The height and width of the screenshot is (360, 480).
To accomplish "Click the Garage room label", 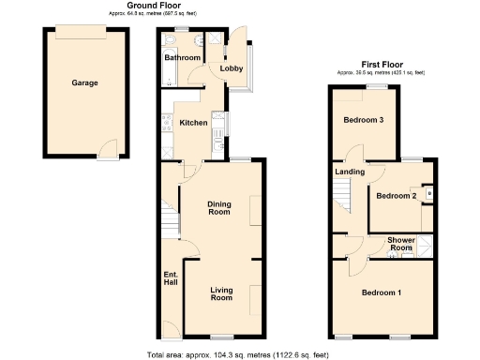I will coord(84,82).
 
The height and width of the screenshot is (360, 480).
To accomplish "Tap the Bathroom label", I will coord(183,58).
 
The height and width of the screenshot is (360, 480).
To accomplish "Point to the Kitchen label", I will coord(193,123).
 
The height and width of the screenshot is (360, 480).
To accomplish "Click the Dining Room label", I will coord(218,207).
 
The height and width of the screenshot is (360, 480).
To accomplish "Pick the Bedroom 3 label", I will coord(363,121).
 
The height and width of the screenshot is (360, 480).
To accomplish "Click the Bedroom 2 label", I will coord(396,196).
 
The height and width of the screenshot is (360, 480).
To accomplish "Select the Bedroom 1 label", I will coord(382,293).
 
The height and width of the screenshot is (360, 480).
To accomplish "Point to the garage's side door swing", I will coord(109,148).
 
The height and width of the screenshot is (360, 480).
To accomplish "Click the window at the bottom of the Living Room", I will coord(221,336).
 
